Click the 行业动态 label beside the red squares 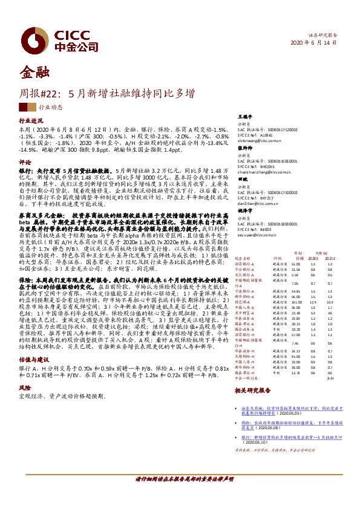tap(50, 106)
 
